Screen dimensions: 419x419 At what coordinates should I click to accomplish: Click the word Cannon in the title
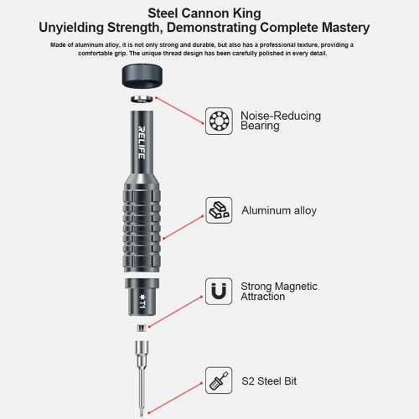204,13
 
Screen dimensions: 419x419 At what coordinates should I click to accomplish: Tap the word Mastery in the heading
345,28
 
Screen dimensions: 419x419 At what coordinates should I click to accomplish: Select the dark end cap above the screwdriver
142,75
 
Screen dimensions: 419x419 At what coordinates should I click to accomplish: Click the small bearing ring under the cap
142,99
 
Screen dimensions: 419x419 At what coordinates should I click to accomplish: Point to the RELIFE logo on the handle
142,142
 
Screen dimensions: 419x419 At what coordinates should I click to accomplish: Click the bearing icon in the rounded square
219,121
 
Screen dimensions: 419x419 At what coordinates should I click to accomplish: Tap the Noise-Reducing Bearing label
281,121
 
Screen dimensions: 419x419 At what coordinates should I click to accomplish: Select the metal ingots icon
219,210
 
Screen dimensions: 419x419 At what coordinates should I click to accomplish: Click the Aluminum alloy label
279,210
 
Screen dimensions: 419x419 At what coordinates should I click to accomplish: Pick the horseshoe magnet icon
219,291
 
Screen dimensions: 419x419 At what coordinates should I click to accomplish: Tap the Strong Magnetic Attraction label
279,291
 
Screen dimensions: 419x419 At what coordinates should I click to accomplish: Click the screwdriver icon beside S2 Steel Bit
219,380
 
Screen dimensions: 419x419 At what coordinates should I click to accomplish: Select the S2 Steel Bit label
269,381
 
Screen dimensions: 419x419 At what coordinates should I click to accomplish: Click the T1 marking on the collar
142,301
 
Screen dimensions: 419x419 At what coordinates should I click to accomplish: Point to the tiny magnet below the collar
142,328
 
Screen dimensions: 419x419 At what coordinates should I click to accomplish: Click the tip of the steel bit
142,416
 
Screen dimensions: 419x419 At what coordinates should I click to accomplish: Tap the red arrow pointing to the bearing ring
179,111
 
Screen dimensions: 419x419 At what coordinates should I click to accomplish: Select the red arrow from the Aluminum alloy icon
184,227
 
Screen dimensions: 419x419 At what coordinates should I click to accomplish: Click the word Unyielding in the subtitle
71,28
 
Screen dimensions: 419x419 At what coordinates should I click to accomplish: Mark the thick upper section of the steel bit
142,351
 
